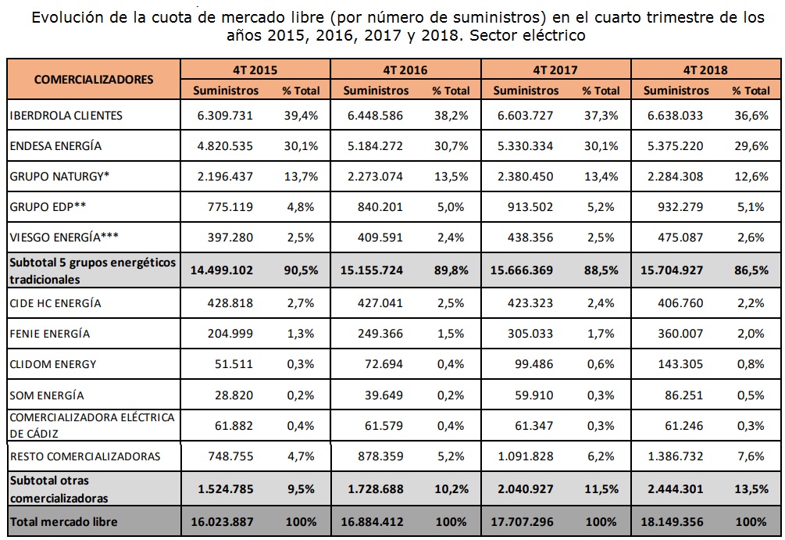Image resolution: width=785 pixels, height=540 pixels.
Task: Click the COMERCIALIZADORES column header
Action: pyautogui.click(x=94, y=79)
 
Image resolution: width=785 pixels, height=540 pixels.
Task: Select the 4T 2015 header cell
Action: pyautogui.click(x=255, y=70)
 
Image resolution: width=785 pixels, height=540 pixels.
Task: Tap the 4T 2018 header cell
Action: pyautogui.click(x=705, y=70)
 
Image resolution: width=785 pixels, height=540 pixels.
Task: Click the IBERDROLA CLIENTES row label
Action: pyautogui.click(x=66, y=116)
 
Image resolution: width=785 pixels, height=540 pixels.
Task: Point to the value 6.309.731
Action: pyautogui.click(x=227, y=116)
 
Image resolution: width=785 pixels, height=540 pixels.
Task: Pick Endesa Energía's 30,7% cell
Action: pyautogui.click(x=451, y=146)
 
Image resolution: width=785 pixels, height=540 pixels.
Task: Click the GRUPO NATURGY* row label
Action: pyautogui.click(x=59, y=177)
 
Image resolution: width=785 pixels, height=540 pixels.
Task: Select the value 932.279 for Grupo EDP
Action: pyautogui.click(x=676, y=207)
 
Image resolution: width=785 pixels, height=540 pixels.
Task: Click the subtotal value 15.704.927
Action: pyautogui.click(x=676, y=270)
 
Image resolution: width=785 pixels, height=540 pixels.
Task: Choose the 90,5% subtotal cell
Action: pyautogui.click(x=301, y=270)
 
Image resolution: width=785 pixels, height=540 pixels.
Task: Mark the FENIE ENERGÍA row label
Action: pyautogui.click(x=49, y=334)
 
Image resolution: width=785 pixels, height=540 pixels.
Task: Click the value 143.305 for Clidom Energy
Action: pyautogui.click(x=676, y=364)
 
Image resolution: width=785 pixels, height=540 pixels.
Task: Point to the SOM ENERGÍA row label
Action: pyautogui.click(x=47, y=395)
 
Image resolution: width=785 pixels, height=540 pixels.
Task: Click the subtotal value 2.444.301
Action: pyautogui.click(x=676, y=489)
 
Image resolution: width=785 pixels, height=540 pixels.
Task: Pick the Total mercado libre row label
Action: pyautogui.click(x=65, y=521)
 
